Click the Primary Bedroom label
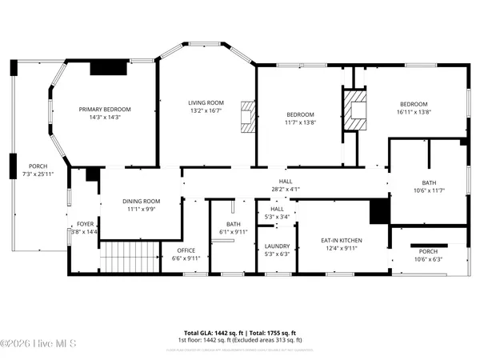[104, 110]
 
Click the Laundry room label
[277, 246]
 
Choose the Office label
[186, 250]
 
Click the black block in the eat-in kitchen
[378, 211]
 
